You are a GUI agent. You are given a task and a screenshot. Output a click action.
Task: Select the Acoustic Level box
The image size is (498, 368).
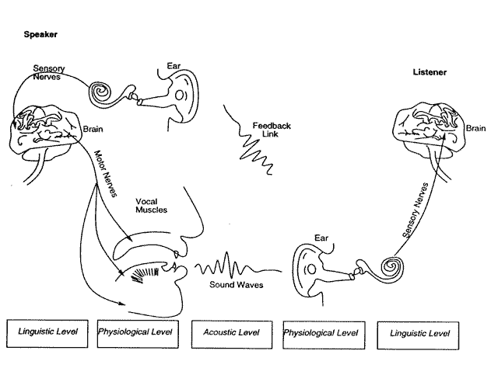tap(230, 333)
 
